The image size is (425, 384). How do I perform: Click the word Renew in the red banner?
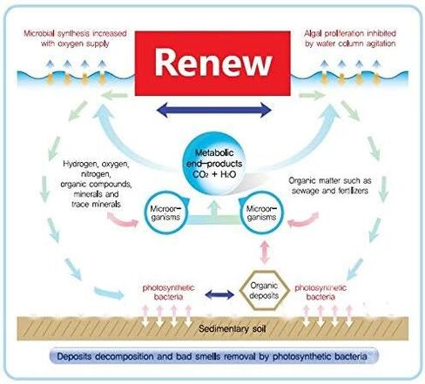pos(213,63)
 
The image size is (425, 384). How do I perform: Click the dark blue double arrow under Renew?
pos(213,110)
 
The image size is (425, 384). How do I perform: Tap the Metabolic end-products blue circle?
pos(214,164)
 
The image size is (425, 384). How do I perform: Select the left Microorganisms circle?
pos(166,212)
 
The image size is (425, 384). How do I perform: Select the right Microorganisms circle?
pos(261,212)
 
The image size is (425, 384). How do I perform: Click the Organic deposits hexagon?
pos(264,291)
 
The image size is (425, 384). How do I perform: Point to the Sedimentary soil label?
pos(233,329)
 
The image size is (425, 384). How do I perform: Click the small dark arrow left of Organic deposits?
pos(219,295)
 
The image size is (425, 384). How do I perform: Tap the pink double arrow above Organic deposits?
pos(264,253)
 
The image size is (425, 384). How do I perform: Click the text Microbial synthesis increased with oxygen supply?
pos(75,38)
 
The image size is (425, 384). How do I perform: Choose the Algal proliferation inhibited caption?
pos(350,38)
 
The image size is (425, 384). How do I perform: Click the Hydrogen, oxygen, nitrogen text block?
pos(96,184)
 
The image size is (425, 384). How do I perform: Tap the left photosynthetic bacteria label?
pos(168,293)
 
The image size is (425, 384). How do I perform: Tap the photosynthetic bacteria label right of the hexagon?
pos(320,293)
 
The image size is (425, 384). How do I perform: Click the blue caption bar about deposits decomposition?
pos(214,356)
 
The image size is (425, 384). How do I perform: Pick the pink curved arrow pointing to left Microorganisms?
pos(123,220)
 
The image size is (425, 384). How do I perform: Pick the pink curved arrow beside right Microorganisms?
pos(303,220)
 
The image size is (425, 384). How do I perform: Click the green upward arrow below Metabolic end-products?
pos(214,210)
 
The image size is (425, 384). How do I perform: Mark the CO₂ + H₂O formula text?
pos(214,174)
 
